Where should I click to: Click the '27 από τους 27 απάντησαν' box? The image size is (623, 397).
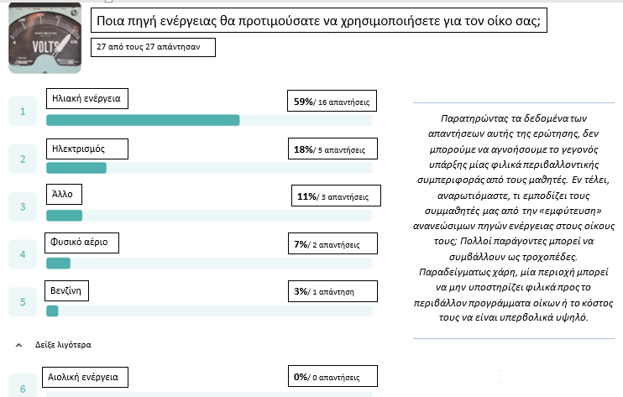point(152,48)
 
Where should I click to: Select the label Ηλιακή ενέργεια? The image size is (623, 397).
point(87,99)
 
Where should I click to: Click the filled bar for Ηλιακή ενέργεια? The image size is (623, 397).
point(143,120)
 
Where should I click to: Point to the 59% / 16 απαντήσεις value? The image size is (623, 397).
point(332,103)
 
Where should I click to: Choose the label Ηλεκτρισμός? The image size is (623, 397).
point(87,149)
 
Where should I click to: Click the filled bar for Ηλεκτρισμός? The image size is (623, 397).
point(76,168)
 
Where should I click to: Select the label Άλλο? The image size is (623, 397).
point(65,194)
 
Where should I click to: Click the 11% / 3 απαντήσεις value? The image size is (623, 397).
point(335,196)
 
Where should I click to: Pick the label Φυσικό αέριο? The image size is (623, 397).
point(82,243)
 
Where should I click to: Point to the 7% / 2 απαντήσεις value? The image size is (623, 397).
point(332,245)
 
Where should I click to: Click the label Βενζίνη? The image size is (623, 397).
point(66,290)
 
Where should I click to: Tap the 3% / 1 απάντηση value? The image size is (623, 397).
point(332,292)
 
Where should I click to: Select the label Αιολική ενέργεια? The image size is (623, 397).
point(86,377)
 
